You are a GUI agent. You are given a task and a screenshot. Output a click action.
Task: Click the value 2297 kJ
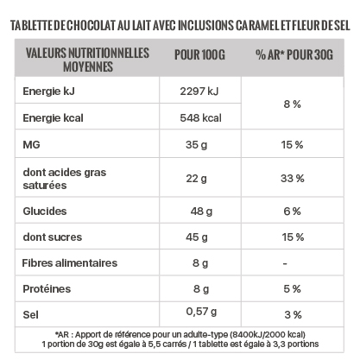(199, 92)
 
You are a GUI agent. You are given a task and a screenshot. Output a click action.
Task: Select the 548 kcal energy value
(200, 118)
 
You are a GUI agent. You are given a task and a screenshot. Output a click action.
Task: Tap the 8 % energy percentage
(292, 104)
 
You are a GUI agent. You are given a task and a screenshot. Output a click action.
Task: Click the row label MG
(31, 144)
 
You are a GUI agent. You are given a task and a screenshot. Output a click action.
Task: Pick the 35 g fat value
(196, 145)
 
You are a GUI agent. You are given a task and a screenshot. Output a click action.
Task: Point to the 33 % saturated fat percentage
(293, 179)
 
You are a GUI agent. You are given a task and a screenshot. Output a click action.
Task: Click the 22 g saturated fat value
(196, 179)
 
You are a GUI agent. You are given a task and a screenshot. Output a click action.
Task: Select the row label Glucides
(45, 212)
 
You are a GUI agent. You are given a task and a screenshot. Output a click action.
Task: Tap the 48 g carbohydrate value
(201, 212)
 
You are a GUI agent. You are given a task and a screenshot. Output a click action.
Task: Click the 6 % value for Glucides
(292, 212)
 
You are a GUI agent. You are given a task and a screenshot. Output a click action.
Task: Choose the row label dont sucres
(53, 237)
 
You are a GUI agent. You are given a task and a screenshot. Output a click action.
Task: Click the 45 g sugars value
(197, 237)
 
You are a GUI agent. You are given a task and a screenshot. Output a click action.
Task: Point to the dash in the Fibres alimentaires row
(285, 263)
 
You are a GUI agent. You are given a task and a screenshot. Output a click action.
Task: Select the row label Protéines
(47, 289)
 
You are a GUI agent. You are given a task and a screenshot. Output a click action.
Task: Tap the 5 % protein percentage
(292, 289)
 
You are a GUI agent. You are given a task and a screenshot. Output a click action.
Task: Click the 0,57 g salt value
(201, 312)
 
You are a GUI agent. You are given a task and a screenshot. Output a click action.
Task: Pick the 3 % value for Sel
(293, 315)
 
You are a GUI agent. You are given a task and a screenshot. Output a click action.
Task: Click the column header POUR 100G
(199, 54)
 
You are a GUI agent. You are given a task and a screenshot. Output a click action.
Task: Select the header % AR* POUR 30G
(294, 54)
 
